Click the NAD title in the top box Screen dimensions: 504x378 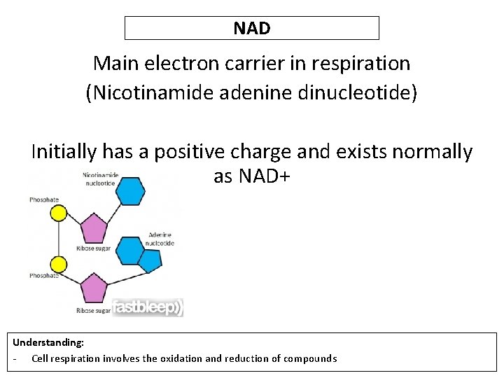pos(252,28)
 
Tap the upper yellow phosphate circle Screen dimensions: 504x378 pos(59,212)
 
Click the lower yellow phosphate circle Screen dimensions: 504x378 pos(59,265)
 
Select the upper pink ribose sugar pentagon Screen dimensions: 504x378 pos(93,228)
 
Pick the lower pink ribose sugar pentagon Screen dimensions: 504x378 pos(93,288)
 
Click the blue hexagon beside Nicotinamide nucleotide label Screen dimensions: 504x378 pos(129,190)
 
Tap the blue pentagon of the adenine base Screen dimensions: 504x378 pos(150,260)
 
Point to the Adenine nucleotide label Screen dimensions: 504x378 pos(160,239)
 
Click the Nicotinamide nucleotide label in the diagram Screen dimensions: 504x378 pos(100,178)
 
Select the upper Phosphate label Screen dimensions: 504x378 pos(44,200)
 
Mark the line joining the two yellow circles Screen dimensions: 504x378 pos(59,239)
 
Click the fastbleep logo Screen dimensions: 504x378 pos(148,307)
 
